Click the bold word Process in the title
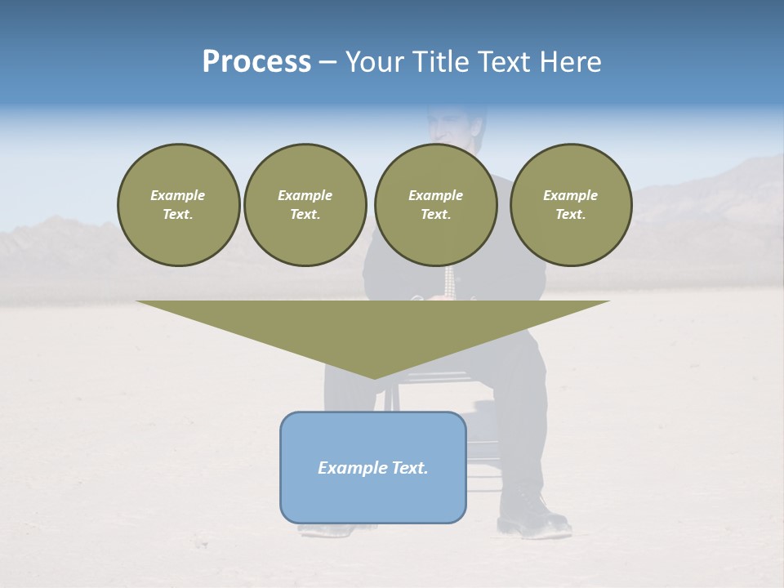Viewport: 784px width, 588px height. click(x=256, y=62)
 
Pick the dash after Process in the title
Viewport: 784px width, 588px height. click(x=328, y=63)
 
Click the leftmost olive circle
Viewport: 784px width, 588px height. click(x=179, y=205)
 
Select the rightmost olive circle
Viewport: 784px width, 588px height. click(x=571, y=205)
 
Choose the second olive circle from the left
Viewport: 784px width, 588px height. click(x=305, y=205)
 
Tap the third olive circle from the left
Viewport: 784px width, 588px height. click(x=436, y=205)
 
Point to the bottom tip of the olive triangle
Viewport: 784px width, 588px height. click(x=374, y=377)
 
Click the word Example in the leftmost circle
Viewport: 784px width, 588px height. click(x=178, y=195)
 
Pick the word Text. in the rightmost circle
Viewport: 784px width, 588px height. click(x=571, y=215)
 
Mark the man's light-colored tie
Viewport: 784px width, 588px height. click(x=448, y=282)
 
